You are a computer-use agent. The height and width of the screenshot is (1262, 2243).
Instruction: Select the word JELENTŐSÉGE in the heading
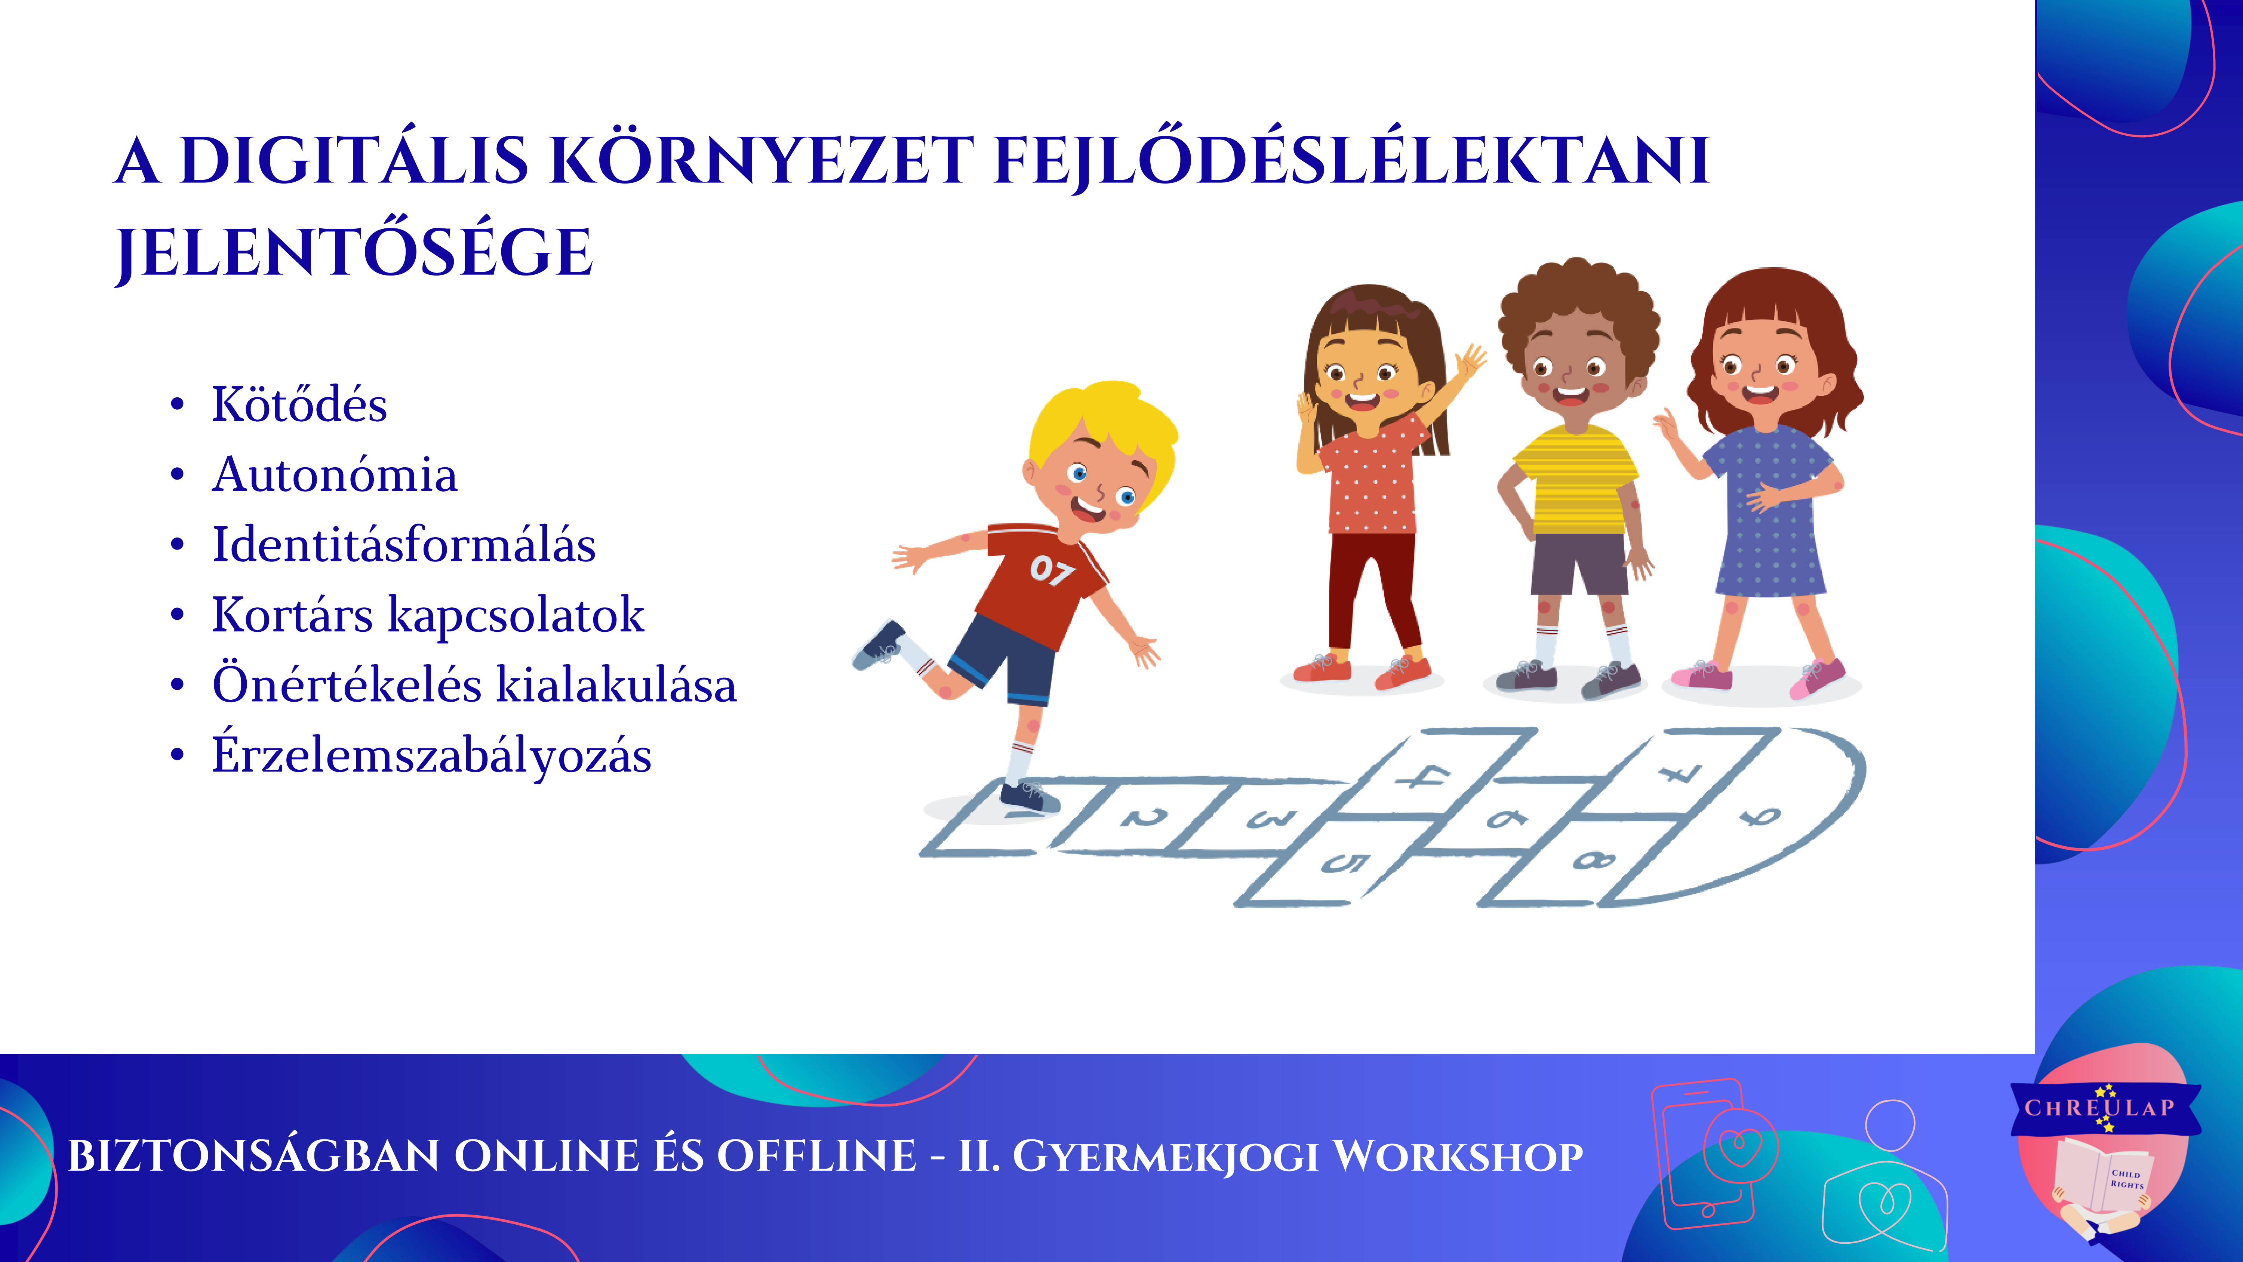tap(354, 253)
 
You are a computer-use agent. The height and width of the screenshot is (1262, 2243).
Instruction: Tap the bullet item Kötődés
tap(299, 404)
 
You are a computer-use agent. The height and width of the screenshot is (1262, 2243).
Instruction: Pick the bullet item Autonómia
tap(334, 475)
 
